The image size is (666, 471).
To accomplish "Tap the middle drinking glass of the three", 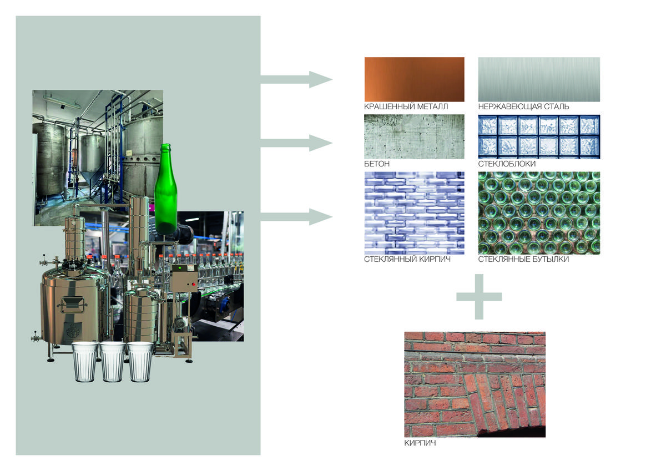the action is [x=113, y=362].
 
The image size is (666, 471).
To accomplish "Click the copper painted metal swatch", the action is [x=414, y=79].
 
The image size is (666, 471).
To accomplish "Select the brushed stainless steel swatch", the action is [x=539, y=79].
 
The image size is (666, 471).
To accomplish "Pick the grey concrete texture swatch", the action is [x=414, y=136].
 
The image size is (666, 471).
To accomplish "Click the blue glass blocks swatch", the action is [x=539, y=136].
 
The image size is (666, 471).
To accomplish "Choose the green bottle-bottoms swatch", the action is [x=539, y=213].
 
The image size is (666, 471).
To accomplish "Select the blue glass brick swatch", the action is [x=414, y=213].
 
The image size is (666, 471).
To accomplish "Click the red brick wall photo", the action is [x=475, y=384].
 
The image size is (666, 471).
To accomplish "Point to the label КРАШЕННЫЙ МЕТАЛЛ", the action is [x=406, y=107].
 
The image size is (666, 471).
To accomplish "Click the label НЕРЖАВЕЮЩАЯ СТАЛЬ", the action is [x=523, y=107].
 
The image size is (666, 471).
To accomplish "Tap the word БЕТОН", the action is [x=377, y=164].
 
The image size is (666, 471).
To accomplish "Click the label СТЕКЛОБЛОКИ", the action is [x=507, y=164].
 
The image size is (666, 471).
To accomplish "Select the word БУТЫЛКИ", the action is [x=551, y=259].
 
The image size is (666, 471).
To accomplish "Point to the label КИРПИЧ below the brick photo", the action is [x=420, y=443].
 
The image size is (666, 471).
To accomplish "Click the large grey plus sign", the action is [x=479, y=297].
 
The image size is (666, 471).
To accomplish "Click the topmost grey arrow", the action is [x=296, y=80].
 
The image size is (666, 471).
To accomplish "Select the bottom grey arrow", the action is [x=296, y=217].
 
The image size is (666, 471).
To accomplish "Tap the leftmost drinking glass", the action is [x=85, y=362].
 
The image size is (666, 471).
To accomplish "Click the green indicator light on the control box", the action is [x=180, y=269].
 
